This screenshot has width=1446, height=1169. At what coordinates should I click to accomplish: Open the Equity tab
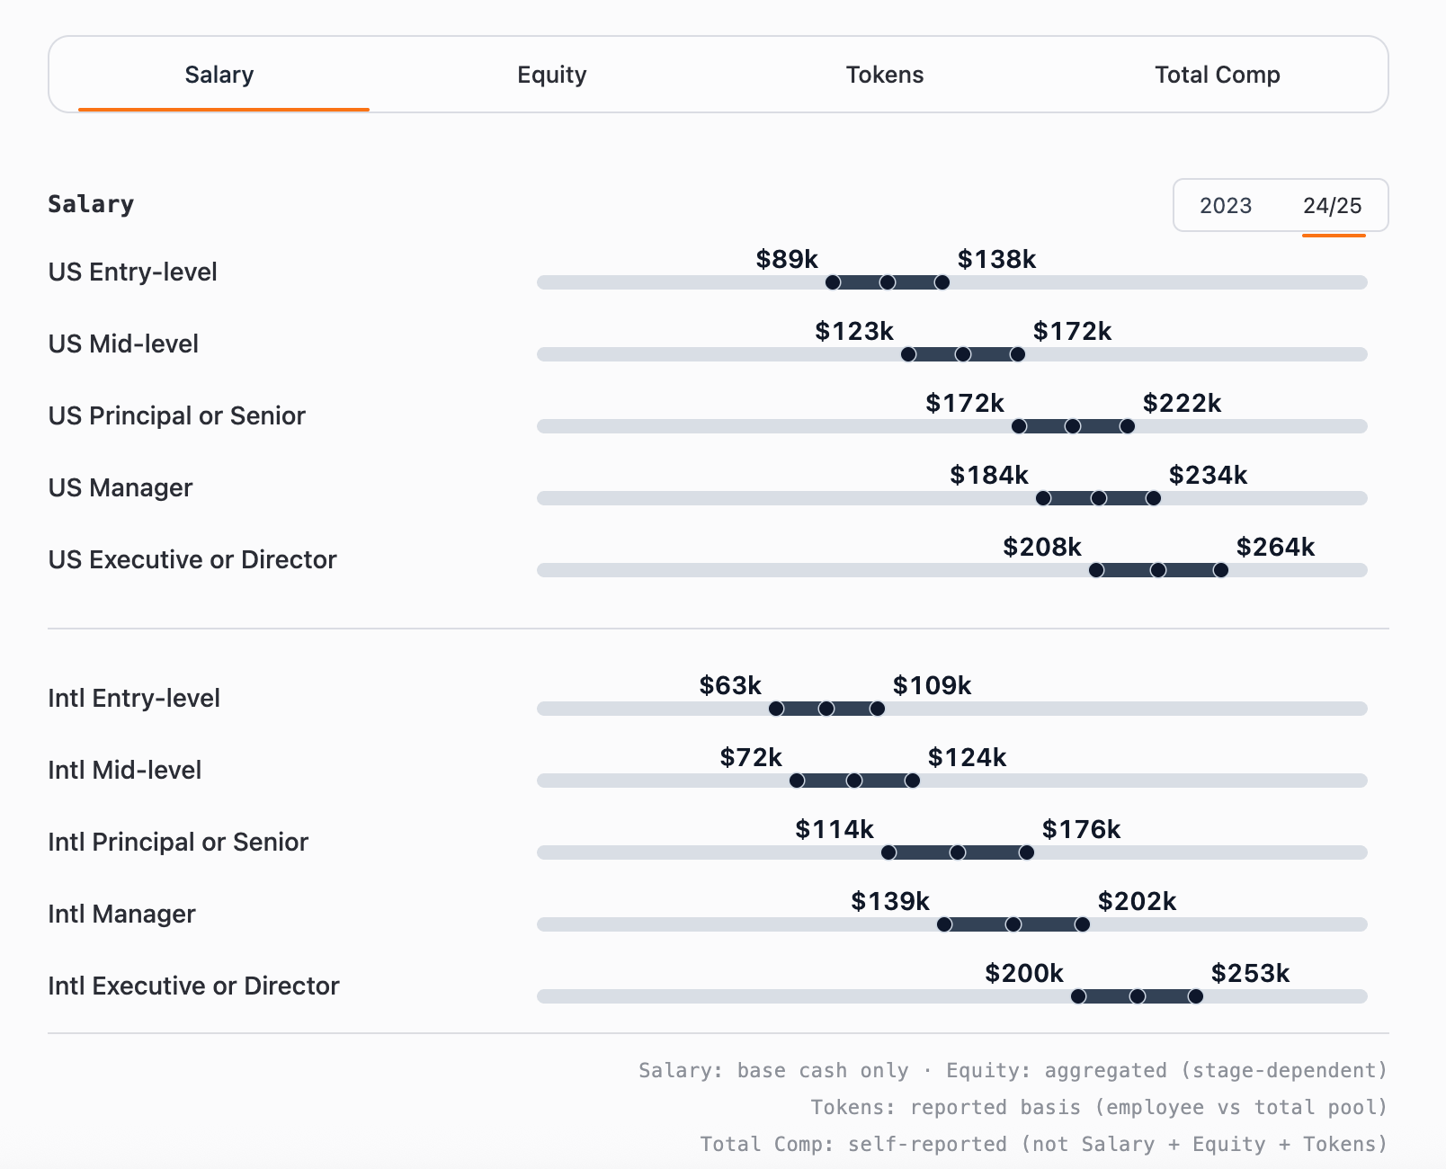tap(551, 75)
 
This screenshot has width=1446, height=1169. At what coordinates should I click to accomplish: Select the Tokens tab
tap(884, 75)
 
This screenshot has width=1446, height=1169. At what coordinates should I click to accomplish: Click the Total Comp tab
tap(1217, 75)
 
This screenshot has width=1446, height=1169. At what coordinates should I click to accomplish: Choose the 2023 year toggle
tap(1225, 206)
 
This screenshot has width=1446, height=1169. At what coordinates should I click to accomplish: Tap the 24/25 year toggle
tap(1332, 206)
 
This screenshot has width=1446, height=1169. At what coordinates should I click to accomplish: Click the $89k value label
tap(786, 260)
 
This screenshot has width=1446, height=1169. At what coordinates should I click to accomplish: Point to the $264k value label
tap(1274, 548)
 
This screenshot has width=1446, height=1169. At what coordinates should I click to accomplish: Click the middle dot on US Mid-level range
tap(963, 354)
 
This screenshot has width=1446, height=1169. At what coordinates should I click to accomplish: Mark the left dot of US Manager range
tap(1043, 498)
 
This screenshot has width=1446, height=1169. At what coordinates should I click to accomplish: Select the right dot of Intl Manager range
tap(1082, 924)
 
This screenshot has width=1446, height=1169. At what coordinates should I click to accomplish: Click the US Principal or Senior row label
tap(176, 416)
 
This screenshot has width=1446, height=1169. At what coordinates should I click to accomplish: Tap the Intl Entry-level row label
tap(133, 699)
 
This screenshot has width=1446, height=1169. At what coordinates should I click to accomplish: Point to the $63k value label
tap(729, 686)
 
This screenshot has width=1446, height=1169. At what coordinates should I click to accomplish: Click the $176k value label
tap(1080, 830)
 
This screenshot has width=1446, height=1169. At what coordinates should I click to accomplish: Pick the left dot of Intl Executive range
tap(1078, 996)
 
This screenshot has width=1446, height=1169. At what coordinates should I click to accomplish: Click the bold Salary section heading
tap(90, 204)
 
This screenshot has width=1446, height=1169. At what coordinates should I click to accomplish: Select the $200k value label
tap(1023, 974)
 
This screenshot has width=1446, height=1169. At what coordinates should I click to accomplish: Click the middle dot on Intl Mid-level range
tap(854, 781)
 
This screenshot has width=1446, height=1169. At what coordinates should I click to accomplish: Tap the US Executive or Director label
tap(192, 560)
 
